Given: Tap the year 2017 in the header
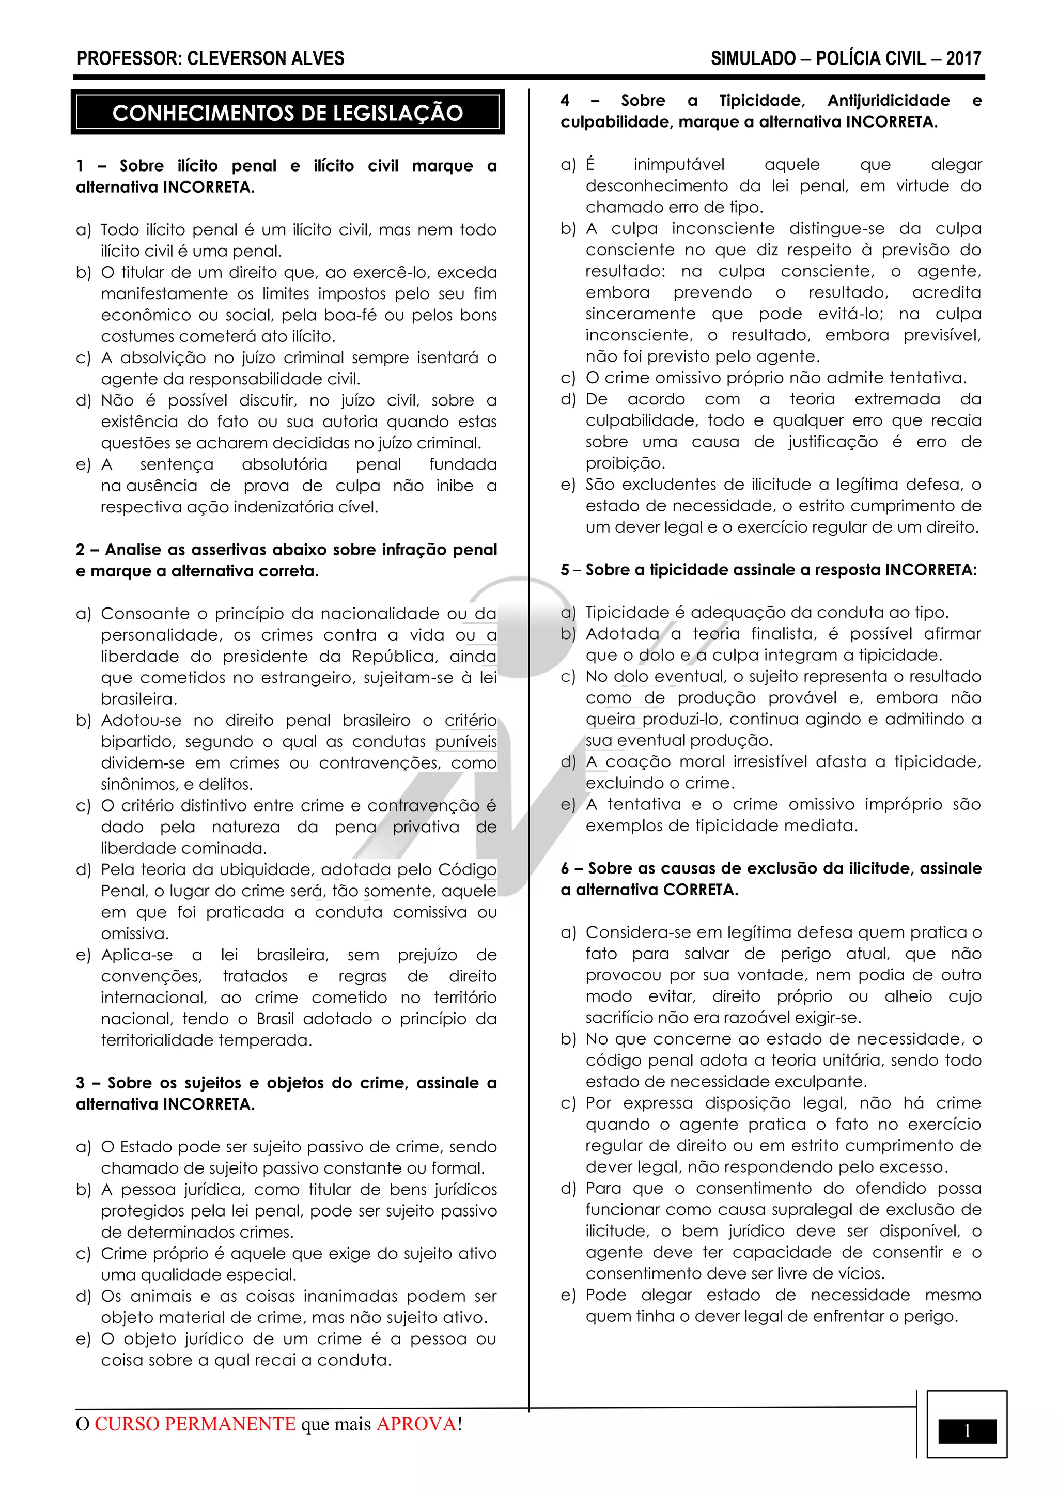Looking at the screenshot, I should coord(963,59).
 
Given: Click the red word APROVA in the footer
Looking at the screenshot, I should coord(416,1424).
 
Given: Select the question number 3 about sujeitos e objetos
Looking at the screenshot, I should coord(80,1083).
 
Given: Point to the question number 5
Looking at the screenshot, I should coord(565,570).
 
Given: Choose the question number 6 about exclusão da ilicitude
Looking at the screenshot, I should coord(565,868).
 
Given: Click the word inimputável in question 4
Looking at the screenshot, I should coord(679,165).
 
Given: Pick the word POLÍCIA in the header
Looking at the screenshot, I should coord(870,59).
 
